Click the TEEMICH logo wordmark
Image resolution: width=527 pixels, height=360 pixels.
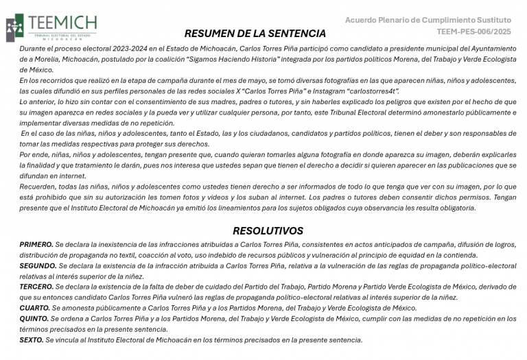click(x=62, y=22)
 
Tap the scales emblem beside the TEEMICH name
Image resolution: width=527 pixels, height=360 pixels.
click(x=14, y=28)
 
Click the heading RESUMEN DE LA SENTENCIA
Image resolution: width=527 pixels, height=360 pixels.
click(x=255, y=34)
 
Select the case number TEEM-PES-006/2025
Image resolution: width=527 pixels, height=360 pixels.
click(x=473, y=32)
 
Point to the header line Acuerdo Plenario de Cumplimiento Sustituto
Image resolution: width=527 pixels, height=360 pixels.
click(x=428, y=20)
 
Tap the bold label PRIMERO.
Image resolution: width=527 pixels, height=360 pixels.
click(x=36, y=245)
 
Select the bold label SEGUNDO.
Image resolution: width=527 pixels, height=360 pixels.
click(x=38, y=266)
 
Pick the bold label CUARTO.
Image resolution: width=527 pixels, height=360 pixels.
click(x=35, y=309)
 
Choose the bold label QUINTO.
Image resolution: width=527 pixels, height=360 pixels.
click(x=34, y=319)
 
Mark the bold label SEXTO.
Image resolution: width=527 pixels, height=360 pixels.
click(x=32, y=340)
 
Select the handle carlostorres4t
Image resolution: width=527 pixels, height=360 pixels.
click(x=375, y=91)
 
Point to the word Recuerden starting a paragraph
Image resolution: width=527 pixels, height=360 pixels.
click(x=38, y=187)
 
